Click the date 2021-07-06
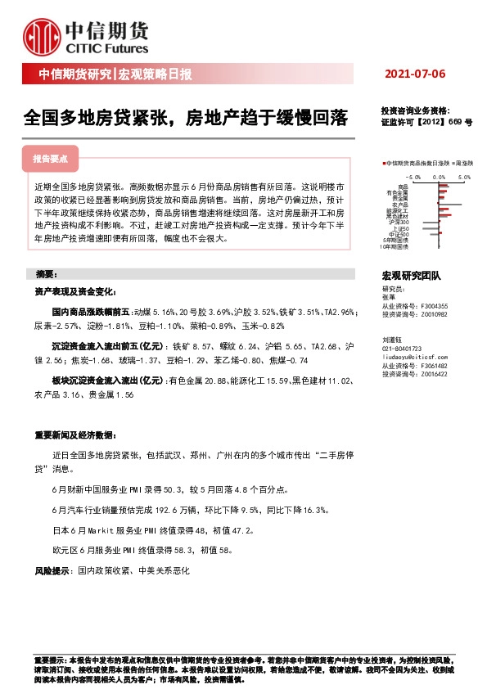pos(415,74)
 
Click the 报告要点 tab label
pos(56,159)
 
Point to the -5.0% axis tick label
pos(413,176)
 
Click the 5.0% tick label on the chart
pos(465,176)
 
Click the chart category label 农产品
pos(400,204)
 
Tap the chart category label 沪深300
pos(399,223)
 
